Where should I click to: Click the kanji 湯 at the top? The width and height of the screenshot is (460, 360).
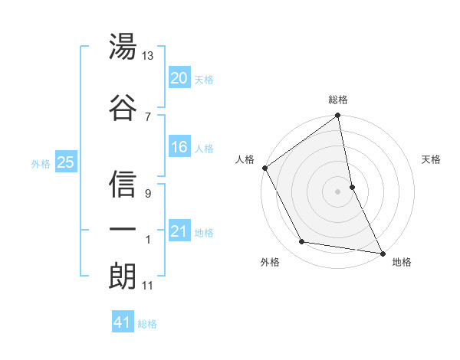123,47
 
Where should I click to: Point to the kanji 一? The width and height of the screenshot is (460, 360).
123,230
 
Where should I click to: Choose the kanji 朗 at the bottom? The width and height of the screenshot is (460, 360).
123,276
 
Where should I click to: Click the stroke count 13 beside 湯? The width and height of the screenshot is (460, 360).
148,57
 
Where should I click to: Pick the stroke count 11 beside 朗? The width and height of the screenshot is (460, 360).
148,286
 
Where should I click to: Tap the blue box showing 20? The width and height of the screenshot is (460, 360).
179,78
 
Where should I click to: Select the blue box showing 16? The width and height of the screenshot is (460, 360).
179,147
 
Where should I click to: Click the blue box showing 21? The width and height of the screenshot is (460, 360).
179,231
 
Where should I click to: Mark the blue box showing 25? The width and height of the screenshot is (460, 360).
65,162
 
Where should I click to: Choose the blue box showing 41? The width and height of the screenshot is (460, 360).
123,322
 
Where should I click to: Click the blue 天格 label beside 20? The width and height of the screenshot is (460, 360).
204,79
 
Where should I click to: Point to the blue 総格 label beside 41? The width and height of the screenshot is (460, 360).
147,323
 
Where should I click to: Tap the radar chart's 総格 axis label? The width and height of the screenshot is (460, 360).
338,100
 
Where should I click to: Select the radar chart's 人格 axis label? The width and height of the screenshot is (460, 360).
245,159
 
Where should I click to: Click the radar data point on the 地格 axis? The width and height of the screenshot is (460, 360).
382,253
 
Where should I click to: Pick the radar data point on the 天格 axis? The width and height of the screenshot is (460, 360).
352,186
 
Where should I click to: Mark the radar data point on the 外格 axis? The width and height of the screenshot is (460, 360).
301,242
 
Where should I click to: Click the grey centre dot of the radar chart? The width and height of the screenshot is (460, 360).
338,191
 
